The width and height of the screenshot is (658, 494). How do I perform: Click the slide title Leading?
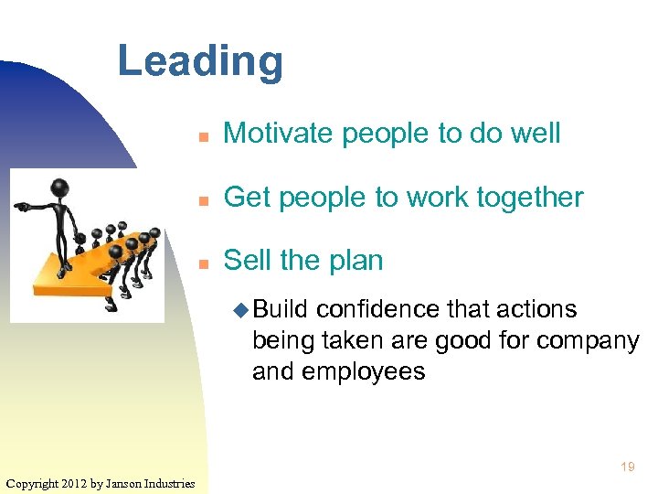200,62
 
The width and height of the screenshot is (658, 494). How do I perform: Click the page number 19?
627,467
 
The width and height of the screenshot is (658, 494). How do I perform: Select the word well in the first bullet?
536,134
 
